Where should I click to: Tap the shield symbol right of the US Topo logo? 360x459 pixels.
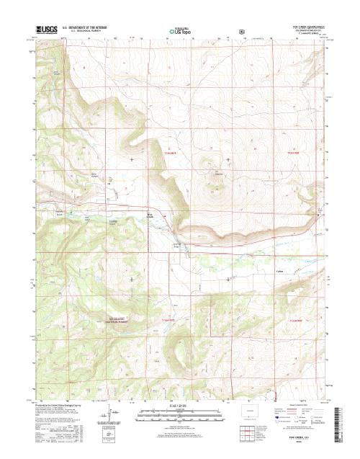[242, 31]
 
